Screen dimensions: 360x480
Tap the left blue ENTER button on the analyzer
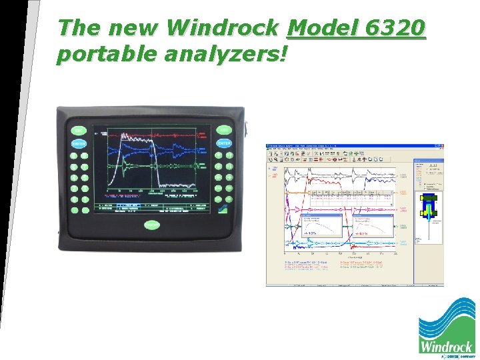coord(79,144)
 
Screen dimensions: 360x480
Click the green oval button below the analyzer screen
coord(152,225)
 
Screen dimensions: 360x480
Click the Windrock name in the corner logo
coord(446,346)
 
